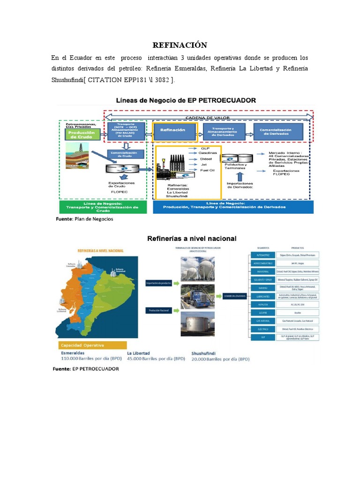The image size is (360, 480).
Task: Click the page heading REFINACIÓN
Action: pos(180,45)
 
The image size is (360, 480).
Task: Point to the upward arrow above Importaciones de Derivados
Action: pos(240,176)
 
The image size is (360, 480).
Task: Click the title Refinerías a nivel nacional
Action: pos(192,238)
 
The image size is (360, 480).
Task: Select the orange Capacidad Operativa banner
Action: pos(87,345)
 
